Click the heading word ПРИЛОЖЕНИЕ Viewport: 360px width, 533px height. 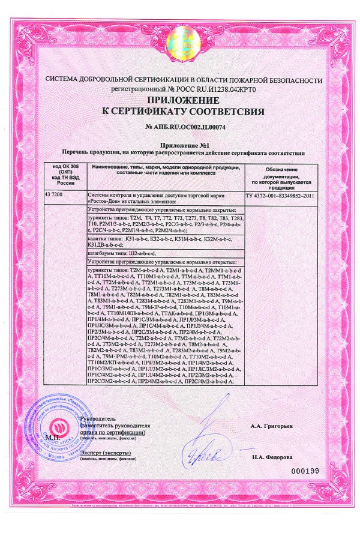tap(180, 100)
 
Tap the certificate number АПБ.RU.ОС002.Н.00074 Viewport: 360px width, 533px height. tap(180, 127)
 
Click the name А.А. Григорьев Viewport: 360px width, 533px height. tap(272, 426)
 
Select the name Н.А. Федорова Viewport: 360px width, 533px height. tap(272, 457)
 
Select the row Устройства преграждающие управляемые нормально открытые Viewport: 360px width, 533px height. tap(163, 262)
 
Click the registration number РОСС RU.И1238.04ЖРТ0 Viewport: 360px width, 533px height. tap(214, 88)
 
